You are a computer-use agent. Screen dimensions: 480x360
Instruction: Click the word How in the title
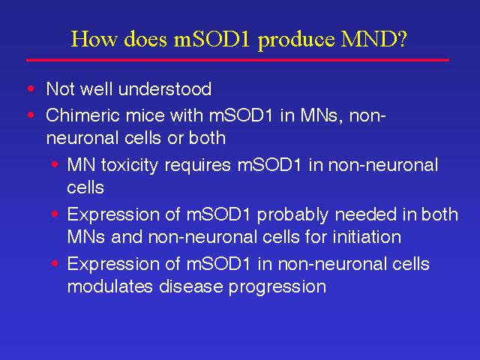[x=94, y=39]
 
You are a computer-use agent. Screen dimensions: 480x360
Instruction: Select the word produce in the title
[x=296, y=40]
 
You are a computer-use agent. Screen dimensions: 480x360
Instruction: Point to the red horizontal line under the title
[x=238, y=60]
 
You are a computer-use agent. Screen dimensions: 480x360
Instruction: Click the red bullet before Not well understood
[x=31, y=88]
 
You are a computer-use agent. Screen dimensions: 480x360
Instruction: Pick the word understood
[x=165, y=89]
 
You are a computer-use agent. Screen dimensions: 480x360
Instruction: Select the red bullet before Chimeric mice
[x=31, y=115]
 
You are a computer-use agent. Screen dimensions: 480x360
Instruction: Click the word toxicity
[x=130, y=166]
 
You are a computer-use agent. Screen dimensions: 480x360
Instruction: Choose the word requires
[x=197, y=166]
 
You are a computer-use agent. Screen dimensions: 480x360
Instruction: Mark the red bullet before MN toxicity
[x=55, y=165]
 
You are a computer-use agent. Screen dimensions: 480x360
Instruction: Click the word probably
[x=293, y=215]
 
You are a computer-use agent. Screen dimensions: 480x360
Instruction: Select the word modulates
[x=110, y=286]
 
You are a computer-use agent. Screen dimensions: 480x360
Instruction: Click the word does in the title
[x=145, y=39]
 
